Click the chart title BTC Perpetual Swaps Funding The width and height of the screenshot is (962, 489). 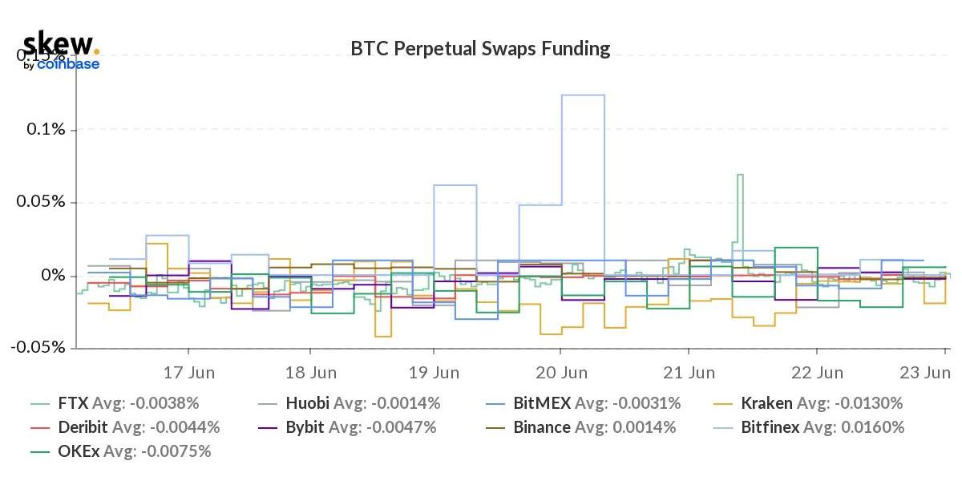click(x=480, y=49)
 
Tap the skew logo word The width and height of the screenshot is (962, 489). click(x=58, y=43)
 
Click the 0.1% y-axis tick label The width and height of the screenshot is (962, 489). click(x=46, y=130)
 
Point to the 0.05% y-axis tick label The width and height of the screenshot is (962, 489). click(x=42, y=202)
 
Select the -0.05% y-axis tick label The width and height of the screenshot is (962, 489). click(x=38, y=348)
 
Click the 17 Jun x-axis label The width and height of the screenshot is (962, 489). click(x=189, y=373)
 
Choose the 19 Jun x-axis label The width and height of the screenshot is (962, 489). click(x=435, y=373)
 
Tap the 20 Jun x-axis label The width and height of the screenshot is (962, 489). click(x=561, y=373)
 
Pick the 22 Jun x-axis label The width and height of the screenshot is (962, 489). click(x=817, y=373)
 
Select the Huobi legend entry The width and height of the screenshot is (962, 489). click(x=361, y=403)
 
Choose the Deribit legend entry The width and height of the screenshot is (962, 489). click(x=138, y=427)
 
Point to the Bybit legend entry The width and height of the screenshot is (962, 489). click(x=361, y=427)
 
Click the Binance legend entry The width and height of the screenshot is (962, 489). click(x=594, y=427)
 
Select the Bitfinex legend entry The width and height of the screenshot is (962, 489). click(x=823, y=427)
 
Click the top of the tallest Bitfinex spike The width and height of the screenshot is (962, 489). click(x=583, y=95)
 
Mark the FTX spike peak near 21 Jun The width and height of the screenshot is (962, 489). click(x=740, y=175)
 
